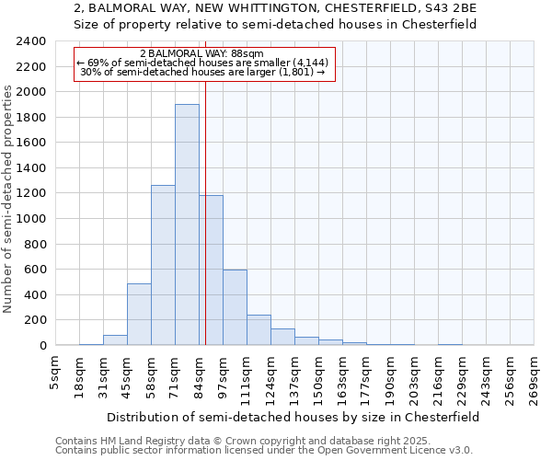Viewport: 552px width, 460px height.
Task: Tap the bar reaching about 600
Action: tap(235, 307)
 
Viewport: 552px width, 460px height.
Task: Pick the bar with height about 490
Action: tap(139, 314)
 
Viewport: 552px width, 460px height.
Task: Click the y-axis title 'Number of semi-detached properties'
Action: tap(9, 199)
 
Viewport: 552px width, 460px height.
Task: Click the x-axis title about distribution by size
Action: tap(293, 417)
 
